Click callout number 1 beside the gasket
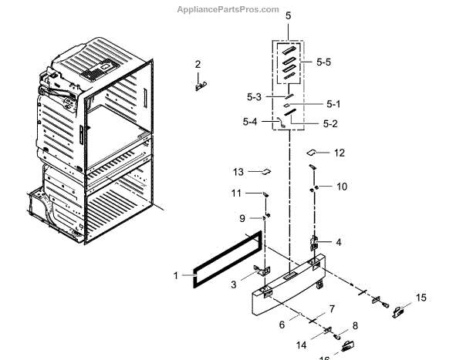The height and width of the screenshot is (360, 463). click(x=175, y=274)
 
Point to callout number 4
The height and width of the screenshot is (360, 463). click(x=338, y=242)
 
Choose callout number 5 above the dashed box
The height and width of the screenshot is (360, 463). click(x=288, y=15)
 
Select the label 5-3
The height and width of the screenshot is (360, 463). click(x=254, y=96)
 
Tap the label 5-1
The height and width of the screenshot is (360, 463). click(x=333, y=103)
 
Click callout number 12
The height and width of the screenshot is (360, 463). click(x=340, y=153)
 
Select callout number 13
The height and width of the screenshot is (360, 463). click(x=238, y=171)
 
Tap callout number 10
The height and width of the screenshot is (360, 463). click(x=341, y=186)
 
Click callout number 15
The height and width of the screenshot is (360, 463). click(x=421, y=297)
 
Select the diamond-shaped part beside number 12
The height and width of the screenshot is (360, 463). click(x=314, y=153)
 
